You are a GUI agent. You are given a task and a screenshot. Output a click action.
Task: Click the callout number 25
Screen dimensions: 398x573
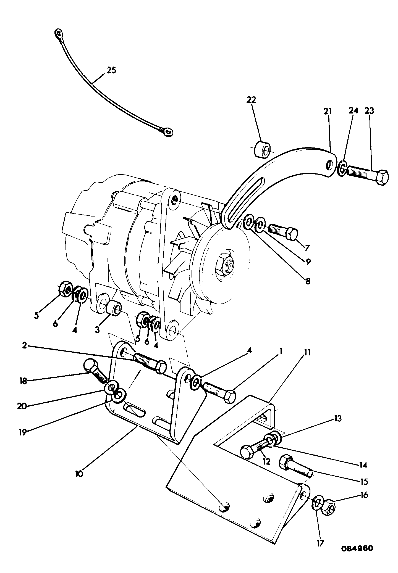pos(111,70)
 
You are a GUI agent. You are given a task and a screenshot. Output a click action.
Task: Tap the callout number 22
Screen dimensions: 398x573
pos(251,100)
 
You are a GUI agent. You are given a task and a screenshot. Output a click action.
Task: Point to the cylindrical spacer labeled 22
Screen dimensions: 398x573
pos(263,150)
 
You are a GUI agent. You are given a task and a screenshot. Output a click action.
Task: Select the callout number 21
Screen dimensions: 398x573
pos(328,112)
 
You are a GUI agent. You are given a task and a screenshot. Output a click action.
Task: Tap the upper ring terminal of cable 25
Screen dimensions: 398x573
pos(58,33)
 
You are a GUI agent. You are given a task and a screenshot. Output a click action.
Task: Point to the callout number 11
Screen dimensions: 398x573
pos(307,353)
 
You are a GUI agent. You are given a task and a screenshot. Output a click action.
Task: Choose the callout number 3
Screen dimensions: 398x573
pos(97,329)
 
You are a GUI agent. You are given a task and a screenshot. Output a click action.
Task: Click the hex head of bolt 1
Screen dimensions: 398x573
pos(229,397)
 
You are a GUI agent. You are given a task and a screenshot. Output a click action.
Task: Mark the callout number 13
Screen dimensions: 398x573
pos(337,418)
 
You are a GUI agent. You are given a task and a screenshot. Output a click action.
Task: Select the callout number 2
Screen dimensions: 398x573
pos(25,345)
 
